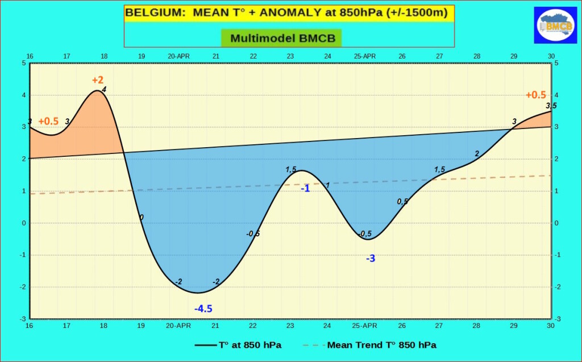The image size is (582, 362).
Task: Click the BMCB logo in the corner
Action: click(x=555, y=25)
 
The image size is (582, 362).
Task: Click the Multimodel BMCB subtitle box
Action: click(x=282, y=39)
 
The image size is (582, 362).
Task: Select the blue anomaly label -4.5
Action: click(x=203, y=309)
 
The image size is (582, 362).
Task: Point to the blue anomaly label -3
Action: click(x=370, y=259)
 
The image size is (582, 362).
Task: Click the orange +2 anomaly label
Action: click(x=98, y=80)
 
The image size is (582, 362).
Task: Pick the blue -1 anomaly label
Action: click(x=305, y=188)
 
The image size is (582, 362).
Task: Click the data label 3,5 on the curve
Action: click(x=551, y=106)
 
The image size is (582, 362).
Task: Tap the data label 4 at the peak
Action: click(x=104, y=89)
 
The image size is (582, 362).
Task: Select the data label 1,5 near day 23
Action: click(x=291, y=169)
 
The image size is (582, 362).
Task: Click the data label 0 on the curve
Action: click(x=142, y=218)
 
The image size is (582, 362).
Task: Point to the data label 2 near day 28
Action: click(x=477, y=153)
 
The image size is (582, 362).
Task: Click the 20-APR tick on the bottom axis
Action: click(x=178, y=326)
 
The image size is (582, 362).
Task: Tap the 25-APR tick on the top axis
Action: click(x=364, y=56)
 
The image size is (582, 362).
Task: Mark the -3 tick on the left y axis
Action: click(x=24, y=319)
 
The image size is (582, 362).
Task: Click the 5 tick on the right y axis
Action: click(x=556, y=63)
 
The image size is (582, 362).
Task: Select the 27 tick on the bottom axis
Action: click(x=439, y=326)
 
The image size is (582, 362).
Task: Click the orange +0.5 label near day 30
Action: click(x=535, y=95)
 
